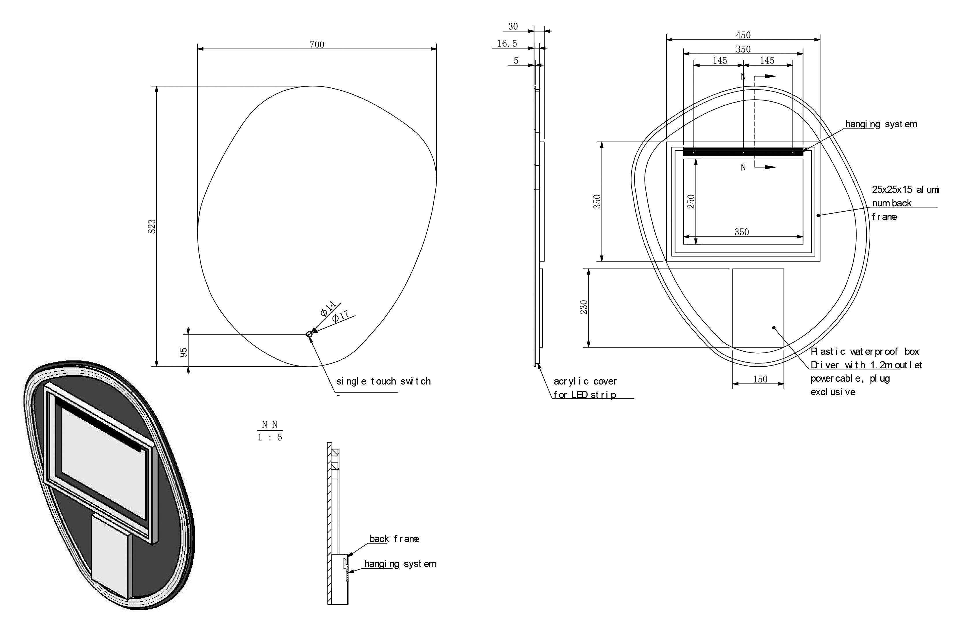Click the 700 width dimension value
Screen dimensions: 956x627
pos(317,44)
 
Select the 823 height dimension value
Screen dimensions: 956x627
pos(152,227)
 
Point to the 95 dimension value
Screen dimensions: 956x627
pos(183,352)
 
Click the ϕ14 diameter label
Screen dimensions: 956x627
pos(328,308)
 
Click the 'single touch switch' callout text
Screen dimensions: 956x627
pos(384,381)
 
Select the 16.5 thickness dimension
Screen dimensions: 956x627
pos(507,43)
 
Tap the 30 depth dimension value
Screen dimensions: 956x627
pos(513,27)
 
